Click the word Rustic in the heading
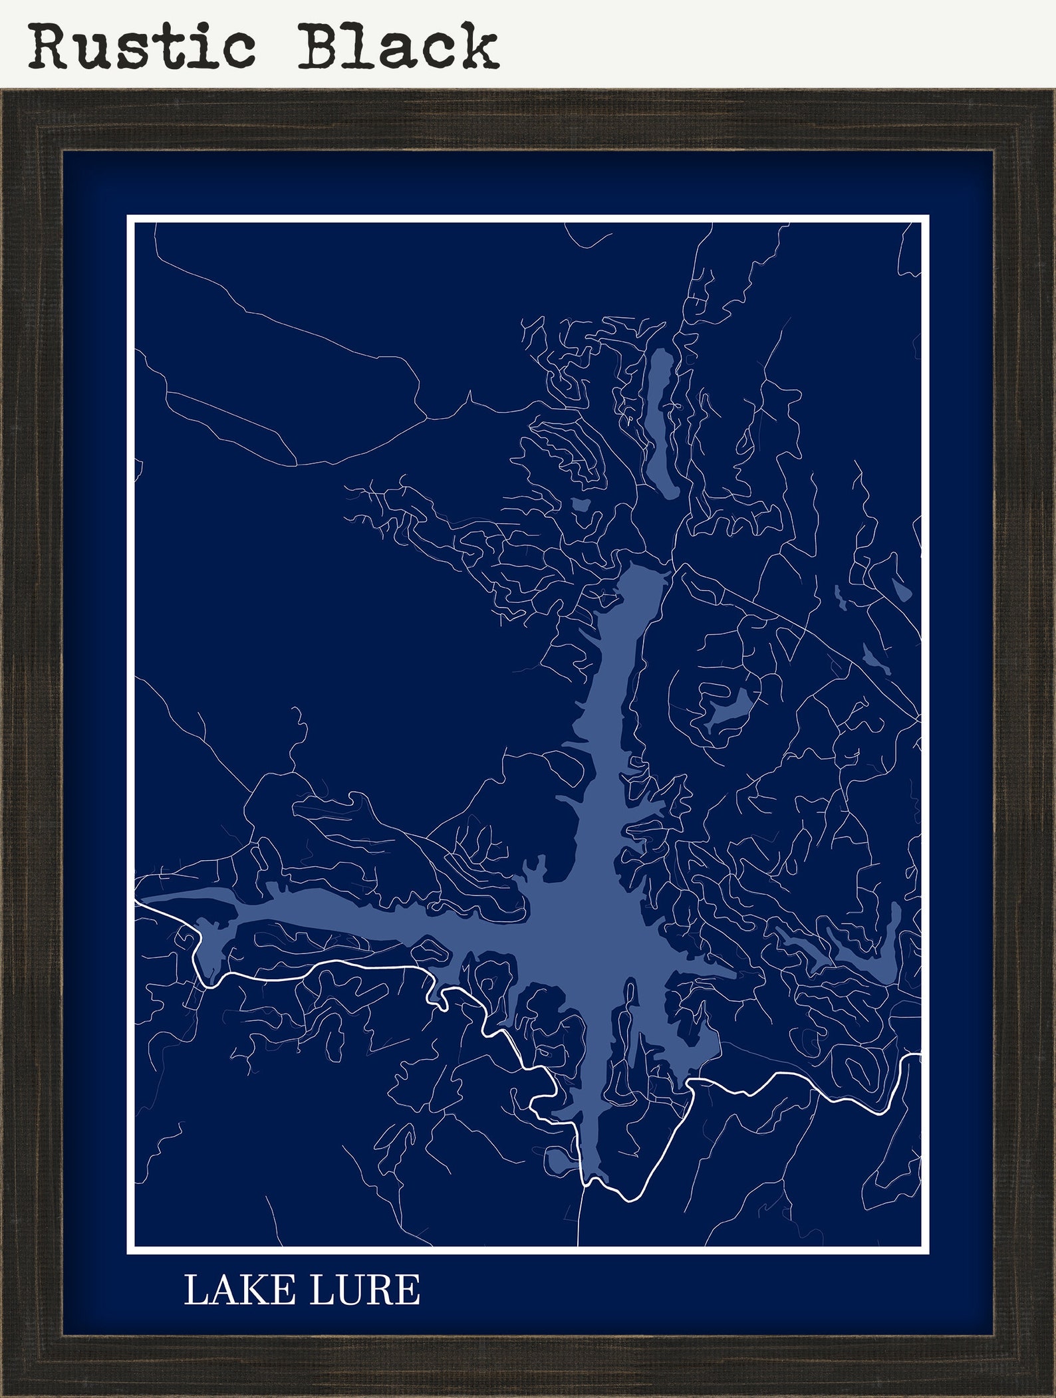click(x=142, y=46)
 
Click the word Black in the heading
click(x=398, y=46)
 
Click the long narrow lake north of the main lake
click(x=662, y=423)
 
